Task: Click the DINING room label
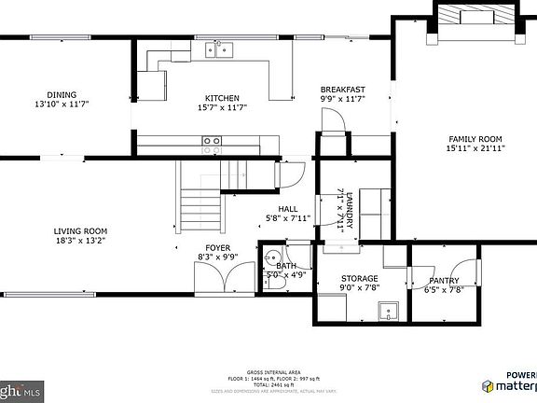coord(62,94)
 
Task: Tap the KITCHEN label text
coord(222,98)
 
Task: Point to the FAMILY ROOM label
coord(475,138)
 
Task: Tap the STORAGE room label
coord(359,279)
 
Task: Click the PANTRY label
coord(444,281)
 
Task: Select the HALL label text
coord(287,209)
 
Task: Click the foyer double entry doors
coord(224,278)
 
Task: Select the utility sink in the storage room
coord(390,310)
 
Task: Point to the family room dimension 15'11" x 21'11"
coord(475,147)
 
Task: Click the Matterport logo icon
coord(489,385)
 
